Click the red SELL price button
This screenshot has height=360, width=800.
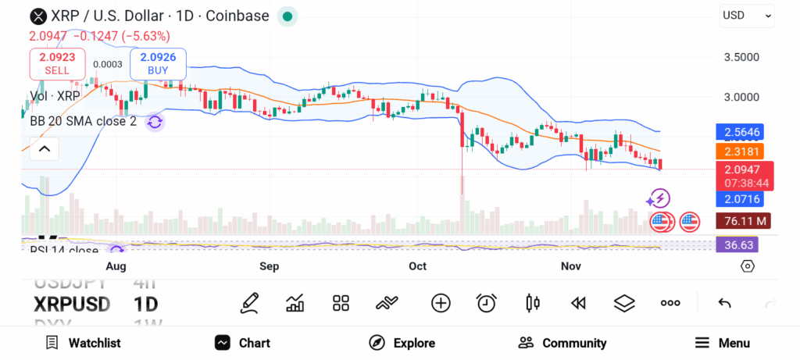(x=57, y=62)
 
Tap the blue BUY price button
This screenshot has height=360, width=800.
(x=158, y=62)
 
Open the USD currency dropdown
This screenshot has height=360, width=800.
(x=746, y=15)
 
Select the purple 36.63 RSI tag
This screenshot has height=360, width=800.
(x=736, y=244)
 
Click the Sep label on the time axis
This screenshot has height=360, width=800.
(x=270, y=266)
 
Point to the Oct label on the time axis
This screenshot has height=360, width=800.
(x=418, y=266)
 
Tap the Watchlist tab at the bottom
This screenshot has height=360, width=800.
(x=83, y=343)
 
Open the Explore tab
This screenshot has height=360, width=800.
(x=402, y=343)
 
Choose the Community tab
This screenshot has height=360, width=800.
(x=562, y=343)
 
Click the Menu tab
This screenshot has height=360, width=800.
(x=722, y=343)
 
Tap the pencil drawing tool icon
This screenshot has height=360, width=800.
(x=249, y=303)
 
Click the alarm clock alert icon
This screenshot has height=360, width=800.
(x=487, y=303)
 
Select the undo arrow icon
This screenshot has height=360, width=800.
(x=724, y=303)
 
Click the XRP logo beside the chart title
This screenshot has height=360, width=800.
(x=37, y=16)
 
